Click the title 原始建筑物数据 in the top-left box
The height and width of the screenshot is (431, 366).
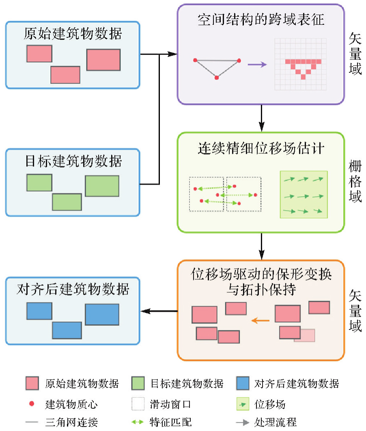point(73,34)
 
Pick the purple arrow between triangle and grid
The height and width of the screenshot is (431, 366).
point(257,64)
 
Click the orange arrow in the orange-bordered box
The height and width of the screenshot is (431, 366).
point(260,321)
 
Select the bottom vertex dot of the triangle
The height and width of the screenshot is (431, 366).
point(217,77)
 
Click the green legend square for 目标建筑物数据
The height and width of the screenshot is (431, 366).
point(138,383)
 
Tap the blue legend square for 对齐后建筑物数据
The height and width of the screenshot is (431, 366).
point(242,383)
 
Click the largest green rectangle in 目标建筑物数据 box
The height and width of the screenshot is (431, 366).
point(102,186)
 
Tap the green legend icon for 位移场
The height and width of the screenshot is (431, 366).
point(243,405)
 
